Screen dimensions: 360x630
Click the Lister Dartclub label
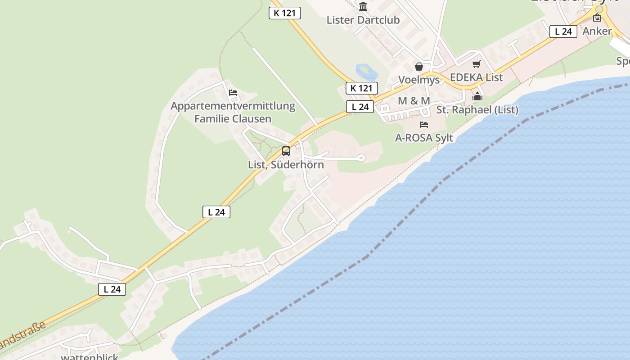pos(363,20)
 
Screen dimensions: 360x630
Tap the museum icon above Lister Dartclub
pos(363,6)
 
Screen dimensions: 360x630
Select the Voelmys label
pos(418,80)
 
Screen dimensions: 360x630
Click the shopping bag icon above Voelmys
pos(419,67)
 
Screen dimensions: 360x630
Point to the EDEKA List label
pos(476,77)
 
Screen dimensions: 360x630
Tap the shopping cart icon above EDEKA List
pos(477,64)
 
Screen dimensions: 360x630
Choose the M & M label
pos(414,101)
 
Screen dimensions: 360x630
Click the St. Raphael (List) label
pos(477,110)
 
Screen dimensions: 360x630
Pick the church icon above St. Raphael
pos(477,96)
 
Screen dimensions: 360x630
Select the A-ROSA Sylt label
pos(424,138)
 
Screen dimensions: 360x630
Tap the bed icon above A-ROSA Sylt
pos(424,124)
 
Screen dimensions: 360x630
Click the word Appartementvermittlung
pos(233,106)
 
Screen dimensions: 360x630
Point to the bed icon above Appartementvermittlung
pos(233,93)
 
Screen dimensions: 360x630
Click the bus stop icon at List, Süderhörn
pos(286,151)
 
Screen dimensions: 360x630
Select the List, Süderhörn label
pos(286,165)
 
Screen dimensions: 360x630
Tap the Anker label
pos(597,31)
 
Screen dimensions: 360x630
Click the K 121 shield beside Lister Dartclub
pos(284,13)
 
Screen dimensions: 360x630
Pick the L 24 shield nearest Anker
pos(563,31)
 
